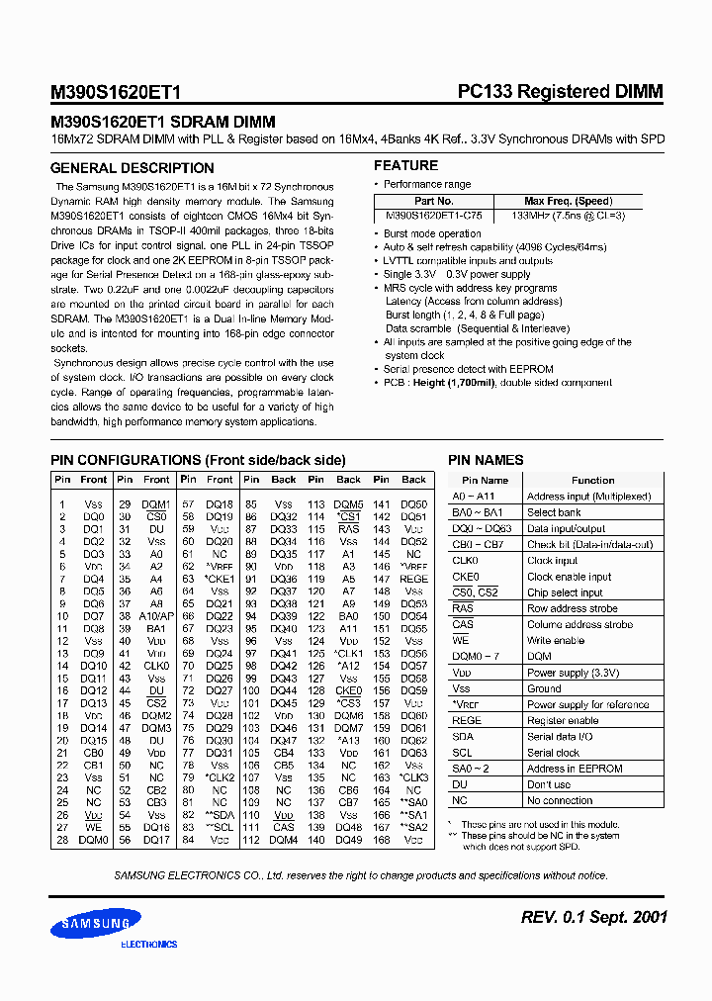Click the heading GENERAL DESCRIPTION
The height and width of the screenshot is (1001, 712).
coord(118,166)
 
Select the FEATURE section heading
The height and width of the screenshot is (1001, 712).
coord(405,165)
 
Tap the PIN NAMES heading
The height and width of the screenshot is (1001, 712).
coord(486,460)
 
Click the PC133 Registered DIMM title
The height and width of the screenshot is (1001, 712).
coord(560,92)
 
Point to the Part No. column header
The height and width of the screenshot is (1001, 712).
coord(433,201)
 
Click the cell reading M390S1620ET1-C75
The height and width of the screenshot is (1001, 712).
coord(434,215)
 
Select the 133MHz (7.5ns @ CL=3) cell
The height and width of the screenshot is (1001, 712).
coord(568,215)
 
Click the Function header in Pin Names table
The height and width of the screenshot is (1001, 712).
coord(592,480)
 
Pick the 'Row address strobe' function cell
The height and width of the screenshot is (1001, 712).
coord(572,608)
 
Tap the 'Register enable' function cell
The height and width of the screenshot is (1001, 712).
coord(563,720)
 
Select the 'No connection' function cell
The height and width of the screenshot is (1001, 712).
coord(560,800)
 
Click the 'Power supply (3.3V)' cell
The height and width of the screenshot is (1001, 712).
coord(574,673)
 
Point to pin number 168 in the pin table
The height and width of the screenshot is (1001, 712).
coord(382,840)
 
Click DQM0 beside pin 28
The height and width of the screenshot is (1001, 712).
coord(93,840)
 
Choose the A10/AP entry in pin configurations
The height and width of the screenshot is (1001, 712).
coord(156,615)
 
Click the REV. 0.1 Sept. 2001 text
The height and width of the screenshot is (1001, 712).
coord(593,917)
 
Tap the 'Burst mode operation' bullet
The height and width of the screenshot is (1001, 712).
coord(432,234)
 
